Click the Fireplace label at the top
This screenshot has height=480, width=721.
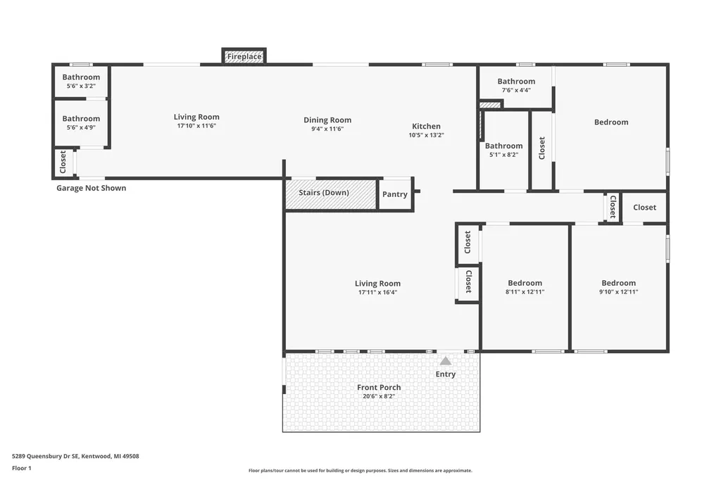[244, 56]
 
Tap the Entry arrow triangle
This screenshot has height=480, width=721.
[446, 361]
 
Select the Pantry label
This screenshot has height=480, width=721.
[394, 194]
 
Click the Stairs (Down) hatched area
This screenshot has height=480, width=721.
[331, 194]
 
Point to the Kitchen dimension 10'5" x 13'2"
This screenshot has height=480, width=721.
[426, 135]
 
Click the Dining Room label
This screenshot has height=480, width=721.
[327, 120]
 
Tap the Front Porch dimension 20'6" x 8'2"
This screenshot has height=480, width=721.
[379, 396]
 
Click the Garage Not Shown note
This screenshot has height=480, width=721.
[91, 188]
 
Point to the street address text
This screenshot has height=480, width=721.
[75, 456]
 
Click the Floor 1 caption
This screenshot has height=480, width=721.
[22, 468]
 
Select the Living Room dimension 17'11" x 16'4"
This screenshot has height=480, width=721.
[377, 292]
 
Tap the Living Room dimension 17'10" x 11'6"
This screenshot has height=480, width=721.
[196, 125]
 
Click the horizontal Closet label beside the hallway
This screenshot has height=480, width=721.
[644, 208]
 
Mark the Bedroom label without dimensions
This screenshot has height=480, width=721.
[611, 122]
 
